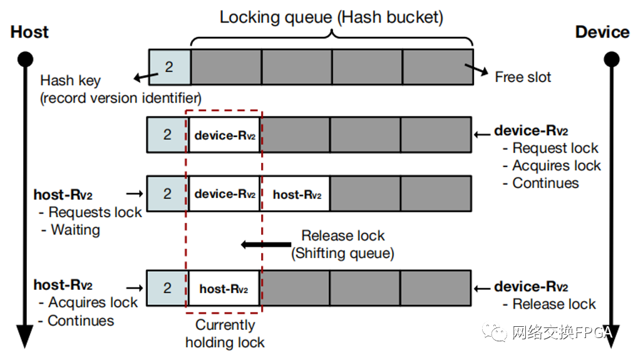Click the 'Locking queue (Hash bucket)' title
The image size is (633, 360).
click(x=331, y=17)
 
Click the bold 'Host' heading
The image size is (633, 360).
click(x=29, y=33)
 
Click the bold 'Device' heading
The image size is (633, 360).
click(x=602, y=33)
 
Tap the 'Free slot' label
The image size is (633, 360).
click(x=523, y=77)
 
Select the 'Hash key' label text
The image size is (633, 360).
click(x=70, y=81)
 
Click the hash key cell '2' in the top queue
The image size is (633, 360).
click(x=169, y=66)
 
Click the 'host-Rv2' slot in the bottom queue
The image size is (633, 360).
click(x=224, y=289)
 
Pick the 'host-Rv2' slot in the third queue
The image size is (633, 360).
click(x=297, y=195)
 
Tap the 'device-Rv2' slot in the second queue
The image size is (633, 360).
click(x=225, y=135)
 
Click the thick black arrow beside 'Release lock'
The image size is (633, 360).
click(x=265, y=245)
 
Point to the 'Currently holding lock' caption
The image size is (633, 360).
click(x=225, y=334)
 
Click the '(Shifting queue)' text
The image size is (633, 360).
click(x=342, y=253)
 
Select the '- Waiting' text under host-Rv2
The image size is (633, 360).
click(x=71, y=230)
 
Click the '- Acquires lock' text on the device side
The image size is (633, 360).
click(x=552, y=166)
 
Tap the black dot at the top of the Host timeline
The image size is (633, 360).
click(x=25, y=59)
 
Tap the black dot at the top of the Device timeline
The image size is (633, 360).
click(x=611, y=59)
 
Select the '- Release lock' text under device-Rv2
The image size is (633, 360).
click(x=549, y=304)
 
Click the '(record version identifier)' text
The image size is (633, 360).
click(x=121, y=98)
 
